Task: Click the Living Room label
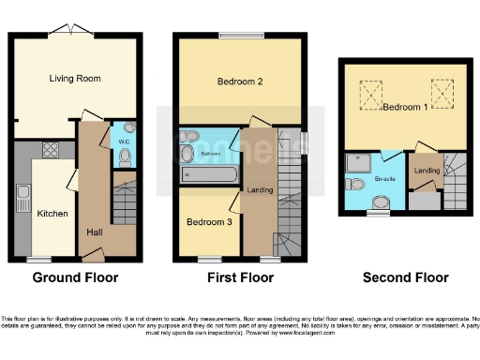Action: (74, 78)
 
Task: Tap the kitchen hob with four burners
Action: (49, 149)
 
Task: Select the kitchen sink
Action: (22, 198)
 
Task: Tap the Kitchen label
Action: (52, 214)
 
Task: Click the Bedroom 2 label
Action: (239, 82)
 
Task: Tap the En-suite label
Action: (385, 178)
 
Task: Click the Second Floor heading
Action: (406, 277)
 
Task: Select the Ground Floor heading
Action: (75, 277)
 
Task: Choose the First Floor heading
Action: (240, 277)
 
